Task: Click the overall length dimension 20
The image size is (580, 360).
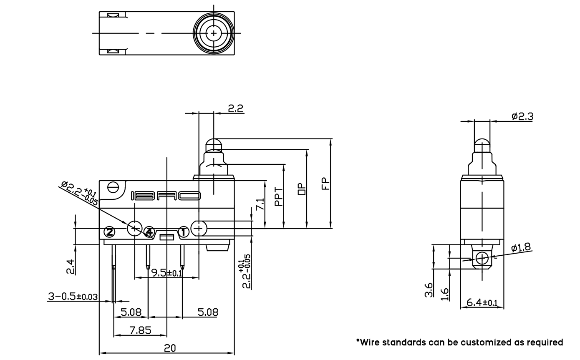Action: pos(170,348)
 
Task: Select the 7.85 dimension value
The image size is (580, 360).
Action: pos(140,330)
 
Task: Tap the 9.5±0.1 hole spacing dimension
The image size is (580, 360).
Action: pos(167,273)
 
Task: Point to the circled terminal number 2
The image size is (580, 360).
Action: pos(109,232)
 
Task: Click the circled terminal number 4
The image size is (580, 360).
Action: pos(149,232)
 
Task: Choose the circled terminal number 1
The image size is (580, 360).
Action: pos(184,232)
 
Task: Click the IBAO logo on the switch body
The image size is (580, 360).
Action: pos(166,196)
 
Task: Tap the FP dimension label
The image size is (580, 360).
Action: pos(326,184)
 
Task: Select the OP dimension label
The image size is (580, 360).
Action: pos(302,189)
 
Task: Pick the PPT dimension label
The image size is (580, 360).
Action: pos(279,197)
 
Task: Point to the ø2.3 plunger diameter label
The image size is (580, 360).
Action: pos(522,116)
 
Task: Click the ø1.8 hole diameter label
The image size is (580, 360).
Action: pos(521,247)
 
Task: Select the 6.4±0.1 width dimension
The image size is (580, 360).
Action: pos(482,302)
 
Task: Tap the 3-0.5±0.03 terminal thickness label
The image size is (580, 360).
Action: pos(73,296)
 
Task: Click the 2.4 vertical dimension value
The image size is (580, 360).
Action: pos(71,267)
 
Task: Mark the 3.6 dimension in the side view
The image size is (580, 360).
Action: pos(429,290)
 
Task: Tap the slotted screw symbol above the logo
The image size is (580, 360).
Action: pos(113,187)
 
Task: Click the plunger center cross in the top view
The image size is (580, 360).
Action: pos(214,33)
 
